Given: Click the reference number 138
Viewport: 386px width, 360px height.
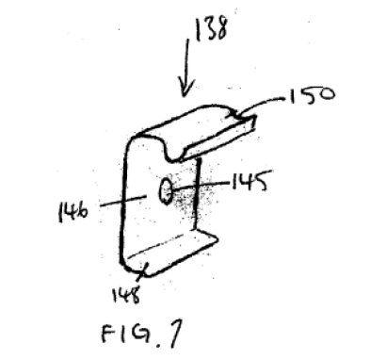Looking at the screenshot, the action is (211, 28).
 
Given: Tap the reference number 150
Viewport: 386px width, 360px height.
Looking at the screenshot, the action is (312, 95).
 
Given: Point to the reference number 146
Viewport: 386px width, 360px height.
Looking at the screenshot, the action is (73, 211).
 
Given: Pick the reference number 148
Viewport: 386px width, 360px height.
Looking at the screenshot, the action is (125, 294).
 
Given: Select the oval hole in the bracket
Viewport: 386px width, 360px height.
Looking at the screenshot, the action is (165, 191).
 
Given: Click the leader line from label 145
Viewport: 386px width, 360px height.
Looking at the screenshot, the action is (201, 186).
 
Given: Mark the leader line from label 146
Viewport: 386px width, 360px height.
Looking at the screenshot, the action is (123, 202).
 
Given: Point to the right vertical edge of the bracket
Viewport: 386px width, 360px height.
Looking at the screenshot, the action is (196, 195).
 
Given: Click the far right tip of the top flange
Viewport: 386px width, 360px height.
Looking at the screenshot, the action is (256, 117).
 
